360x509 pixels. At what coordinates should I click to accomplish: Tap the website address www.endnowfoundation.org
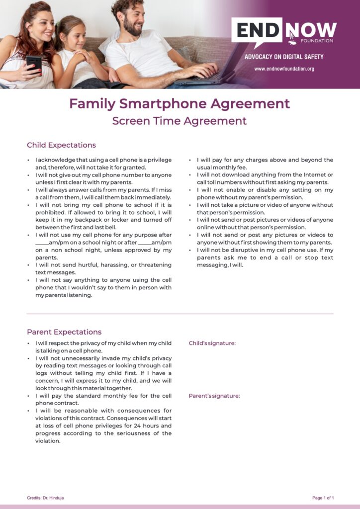tap(284, 69)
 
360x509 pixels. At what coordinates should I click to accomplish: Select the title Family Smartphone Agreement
tap(180, 103)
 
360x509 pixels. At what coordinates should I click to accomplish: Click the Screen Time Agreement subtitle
tap(180, 121)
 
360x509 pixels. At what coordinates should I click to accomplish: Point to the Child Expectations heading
tap(61, 145)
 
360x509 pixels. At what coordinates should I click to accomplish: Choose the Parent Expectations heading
tap(64, 332)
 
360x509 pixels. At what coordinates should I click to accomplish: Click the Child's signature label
tap(212, 343)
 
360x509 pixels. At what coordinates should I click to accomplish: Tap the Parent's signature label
tap(214, 396)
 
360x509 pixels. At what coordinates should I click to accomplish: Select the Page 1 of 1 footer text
tap(323, 498)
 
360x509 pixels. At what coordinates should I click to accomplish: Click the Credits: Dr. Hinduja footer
tap(45, 498)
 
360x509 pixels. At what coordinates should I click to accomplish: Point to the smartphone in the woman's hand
tap(34, 63)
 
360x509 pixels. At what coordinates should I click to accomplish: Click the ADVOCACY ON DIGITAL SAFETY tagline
tap(284, 57)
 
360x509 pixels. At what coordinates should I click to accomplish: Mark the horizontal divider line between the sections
tap(180, 314)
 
